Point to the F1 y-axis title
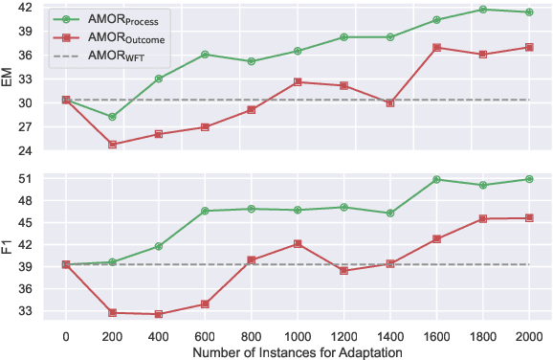[9, 244]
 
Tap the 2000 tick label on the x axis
[528, 336]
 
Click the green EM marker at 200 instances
[112, 117]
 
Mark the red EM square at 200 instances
[112, 145]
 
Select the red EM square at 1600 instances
[436, 48]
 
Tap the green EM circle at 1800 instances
[482, 10]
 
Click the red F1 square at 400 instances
[158, 314]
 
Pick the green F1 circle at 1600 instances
[436, 179]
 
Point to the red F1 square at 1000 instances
[298, 244]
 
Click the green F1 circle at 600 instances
[205, 211]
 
